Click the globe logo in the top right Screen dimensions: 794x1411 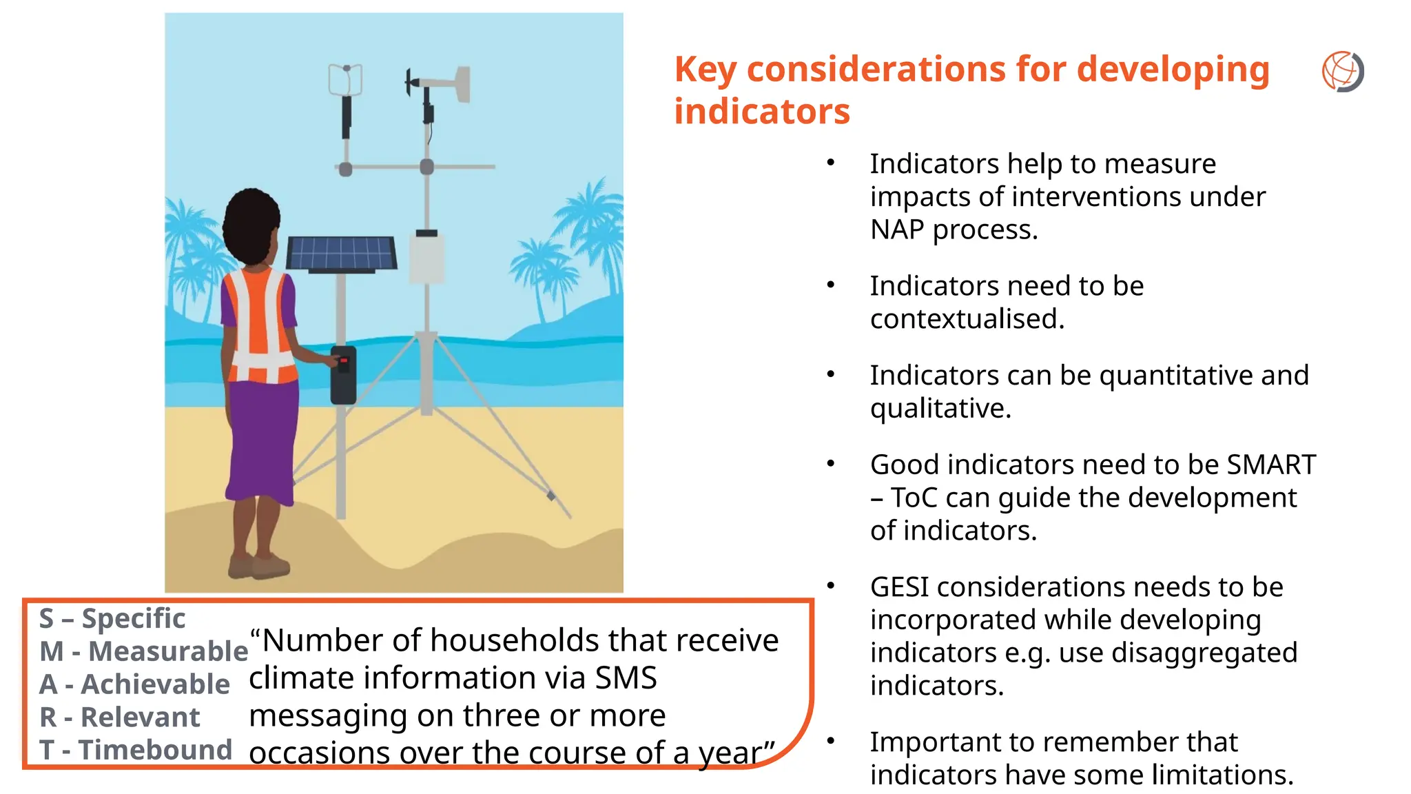pos(1342,71)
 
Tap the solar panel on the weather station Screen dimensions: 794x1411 pos(341,254)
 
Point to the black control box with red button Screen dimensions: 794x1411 pos(343,375)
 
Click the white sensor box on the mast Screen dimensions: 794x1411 pos(427,258)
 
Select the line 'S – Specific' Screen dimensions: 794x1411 pos(112,618)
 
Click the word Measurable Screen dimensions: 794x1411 pos(168,651)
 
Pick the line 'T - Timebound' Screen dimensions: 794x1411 pos(136,750)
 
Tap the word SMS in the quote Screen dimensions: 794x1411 pos(626,678)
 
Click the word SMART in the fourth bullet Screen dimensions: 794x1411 pos(1271,465)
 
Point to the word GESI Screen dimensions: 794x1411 pos(900,587)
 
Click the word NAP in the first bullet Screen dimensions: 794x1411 pos(896,230)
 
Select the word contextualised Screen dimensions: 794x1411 pos(967,319)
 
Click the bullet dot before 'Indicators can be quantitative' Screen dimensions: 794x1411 pos(831,375)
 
